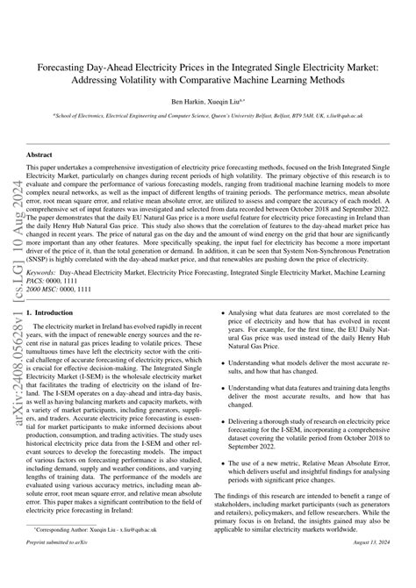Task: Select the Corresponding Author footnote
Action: pos(83,555)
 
